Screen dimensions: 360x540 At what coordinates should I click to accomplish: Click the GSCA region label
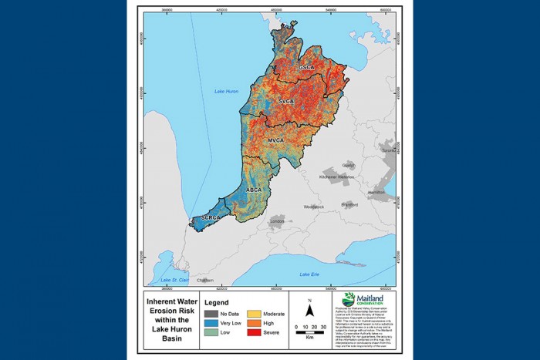point(307,68)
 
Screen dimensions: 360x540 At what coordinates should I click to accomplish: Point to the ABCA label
point(254,189)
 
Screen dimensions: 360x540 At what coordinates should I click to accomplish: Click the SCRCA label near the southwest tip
point(211,219)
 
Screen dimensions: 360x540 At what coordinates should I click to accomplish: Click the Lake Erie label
point(310,274)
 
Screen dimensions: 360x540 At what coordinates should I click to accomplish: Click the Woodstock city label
point(314,207)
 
